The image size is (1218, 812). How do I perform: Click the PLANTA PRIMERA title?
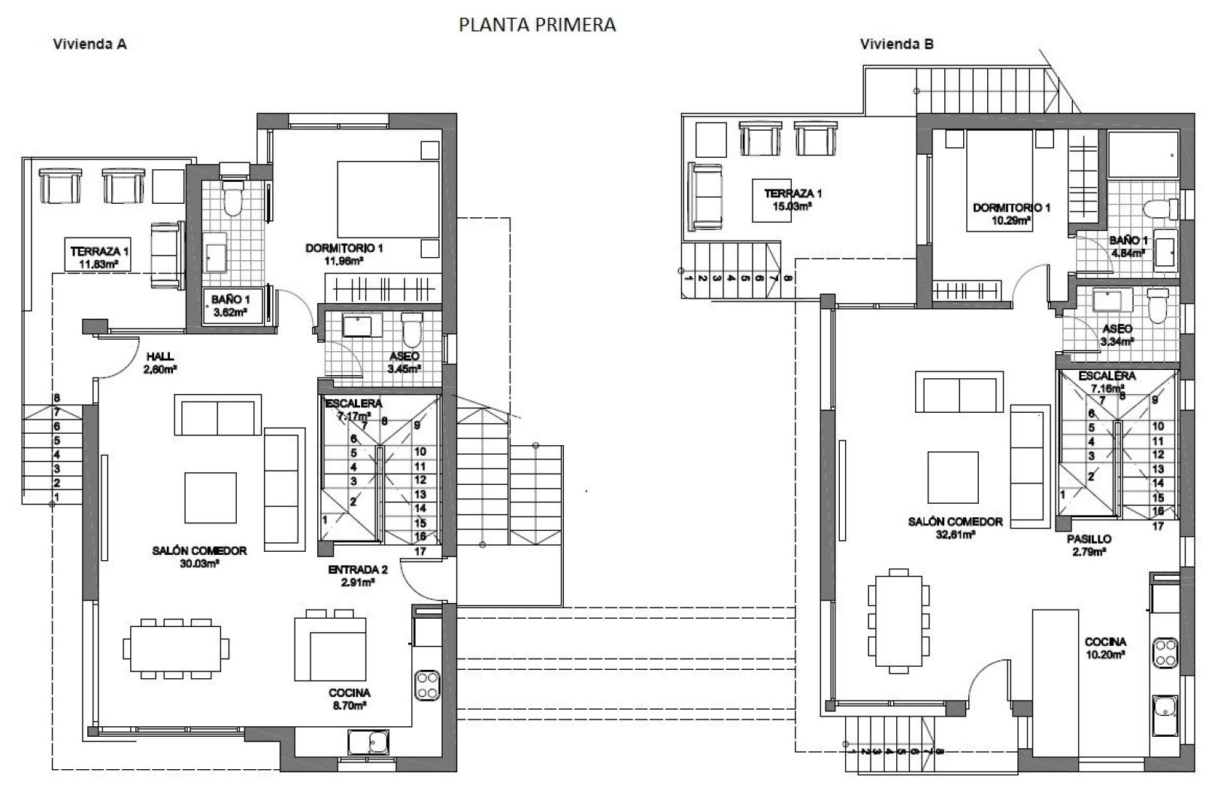pyautogui.click(x=537, y=25)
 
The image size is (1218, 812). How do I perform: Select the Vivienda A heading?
pyautogui.click(x=89, y=44)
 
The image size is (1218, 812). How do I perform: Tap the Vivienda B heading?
pyautogui.click(x=897, y=44)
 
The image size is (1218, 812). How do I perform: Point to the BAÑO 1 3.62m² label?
pyautogui.click(x=232, y=304)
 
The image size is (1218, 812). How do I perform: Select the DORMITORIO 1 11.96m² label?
pyautogui.click(x=345, y=254)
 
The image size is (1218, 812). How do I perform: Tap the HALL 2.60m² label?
pyautogui.click(x=161, y=362)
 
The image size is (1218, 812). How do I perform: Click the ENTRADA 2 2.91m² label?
pyautogui.click(x=352, y=576)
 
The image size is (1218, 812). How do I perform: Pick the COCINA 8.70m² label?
pyautogui.click(x=350, y=698)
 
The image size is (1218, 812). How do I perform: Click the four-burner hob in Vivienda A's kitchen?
pyautogui.click(x=427, y=684)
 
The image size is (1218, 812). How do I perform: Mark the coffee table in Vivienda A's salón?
pyautogui.click(x=211, y=497)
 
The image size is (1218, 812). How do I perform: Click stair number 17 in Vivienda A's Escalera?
pyautogui.click(x=420, y=551)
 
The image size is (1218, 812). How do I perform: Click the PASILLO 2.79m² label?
pyautogui.click(x=1089, y=545)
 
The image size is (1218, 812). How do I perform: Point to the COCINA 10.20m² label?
pyautogui.click(x=1104, y=648)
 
